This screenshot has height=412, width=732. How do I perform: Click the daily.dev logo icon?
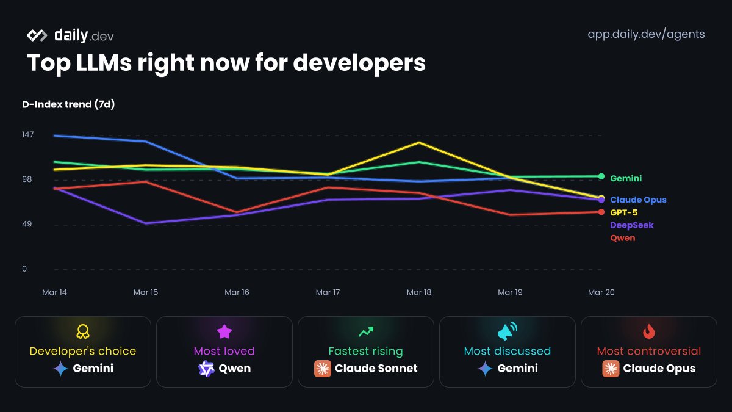pyautogui.click(x=37, y=35)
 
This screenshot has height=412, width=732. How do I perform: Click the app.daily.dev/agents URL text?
pyautogui.click(x=646, y=34)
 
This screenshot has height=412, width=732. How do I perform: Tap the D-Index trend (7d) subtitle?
pyautogui.click(x=68, y=104)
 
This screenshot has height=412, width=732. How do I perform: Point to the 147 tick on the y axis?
pyautogui.click(x=28, y=134)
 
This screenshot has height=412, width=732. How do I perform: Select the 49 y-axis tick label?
pyautogui.click(x=27, y=224)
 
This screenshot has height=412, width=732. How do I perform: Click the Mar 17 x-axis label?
pyautogui.click(x=328, y=292)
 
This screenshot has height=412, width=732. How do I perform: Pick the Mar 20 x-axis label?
pyautogui.click(x=601, y=292)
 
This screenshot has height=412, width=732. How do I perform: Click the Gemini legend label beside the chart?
pyautogui.click(x=626, y=178)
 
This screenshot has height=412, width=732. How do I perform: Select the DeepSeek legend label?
pyautogui.click(x=631, y=225)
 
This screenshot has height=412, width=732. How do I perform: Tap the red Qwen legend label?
pyautogui.click(x=622, y=238)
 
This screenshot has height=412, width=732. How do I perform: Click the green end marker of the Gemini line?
pyautogui.click(x=601, y=176)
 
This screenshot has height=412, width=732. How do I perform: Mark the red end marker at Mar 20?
pyautogui.click(x=601, y=212)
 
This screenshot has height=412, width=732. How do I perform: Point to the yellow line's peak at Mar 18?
pyautogui.click(x=418, y=143)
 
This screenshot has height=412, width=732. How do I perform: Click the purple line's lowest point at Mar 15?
pyautogui.click(x=146, y=223)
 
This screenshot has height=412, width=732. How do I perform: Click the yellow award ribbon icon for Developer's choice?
pyautogui.click(x=83, y=331)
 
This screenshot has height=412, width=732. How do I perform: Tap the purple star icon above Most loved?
pyautogui.click(x=224, y=331)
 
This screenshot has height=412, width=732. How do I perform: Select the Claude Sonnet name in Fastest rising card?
pyautogui.click(x=376, y=368)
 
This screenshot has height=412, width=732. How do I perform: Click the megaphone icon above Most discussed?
pyautogui.click(x=507, y=331)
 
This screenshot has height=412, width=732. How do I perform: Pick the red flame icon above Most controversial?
pyautogui.click(x=649, y=331)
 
